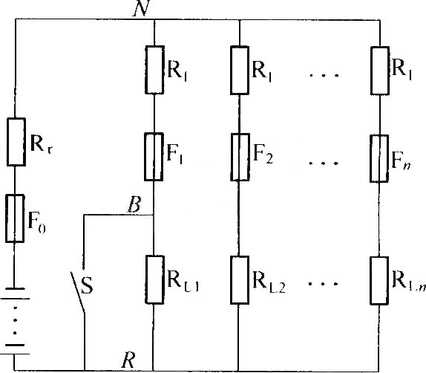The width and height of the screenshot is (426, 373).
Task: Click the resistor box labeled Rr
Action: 16,142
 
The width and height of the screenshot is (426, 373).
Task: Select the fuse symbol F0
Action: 15,218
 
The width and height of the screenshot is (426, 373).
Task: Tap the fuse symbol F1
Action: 154,157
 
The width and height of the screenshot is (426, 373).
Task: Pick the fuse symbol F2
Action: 240,158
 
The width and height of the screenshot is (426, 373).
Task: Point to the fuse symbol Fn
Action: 379,158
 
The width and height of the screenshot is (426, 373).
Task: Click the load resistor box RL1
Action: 154,279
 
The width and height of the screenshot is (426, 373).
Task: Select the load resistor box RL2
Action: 240,280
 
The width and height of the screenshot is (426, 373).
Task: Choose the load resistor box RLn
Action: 379,281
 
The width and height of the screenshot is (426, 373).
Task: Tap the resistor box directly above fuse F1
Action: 154,70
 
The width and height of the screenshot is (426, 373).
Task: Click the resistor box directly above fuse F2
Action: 240,71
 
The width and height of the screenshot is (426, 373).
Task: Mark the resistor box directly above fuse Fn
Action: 380,71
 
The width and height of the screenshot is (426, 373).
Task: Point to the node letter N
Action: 142,8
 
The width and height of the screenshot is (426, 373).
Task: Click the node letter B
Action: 134,204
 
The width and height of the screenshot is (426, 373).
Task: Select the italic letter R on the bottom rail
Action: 128,360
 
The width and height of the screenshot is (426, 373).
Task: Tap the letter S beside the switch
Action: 87,285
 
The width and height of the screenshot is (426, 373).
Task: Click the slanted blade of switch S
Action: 78,292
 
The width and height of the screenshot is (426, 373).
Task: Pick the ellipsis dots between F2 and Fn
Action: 324,163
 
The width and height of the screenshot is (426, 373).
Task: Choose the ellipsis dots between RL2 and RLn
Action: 323,284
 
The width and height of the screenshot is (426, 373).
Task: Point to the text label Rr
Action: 41,143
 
